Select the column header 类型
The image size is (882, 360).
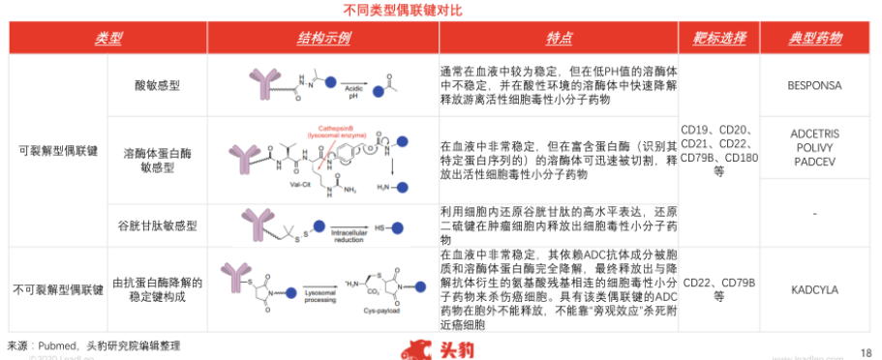click(x=108, y=39)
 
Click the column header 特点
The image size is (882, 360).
click(x=559, y=39)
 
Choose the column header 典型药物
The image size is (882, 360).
click(x=815, y=39)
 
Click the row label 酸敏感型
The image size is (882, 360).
click(x=156, y=85)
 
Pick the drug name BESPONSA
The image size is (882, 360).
click(x=815, y=85)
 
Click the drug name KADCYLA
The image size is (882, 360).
click(x=815, y=288)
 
